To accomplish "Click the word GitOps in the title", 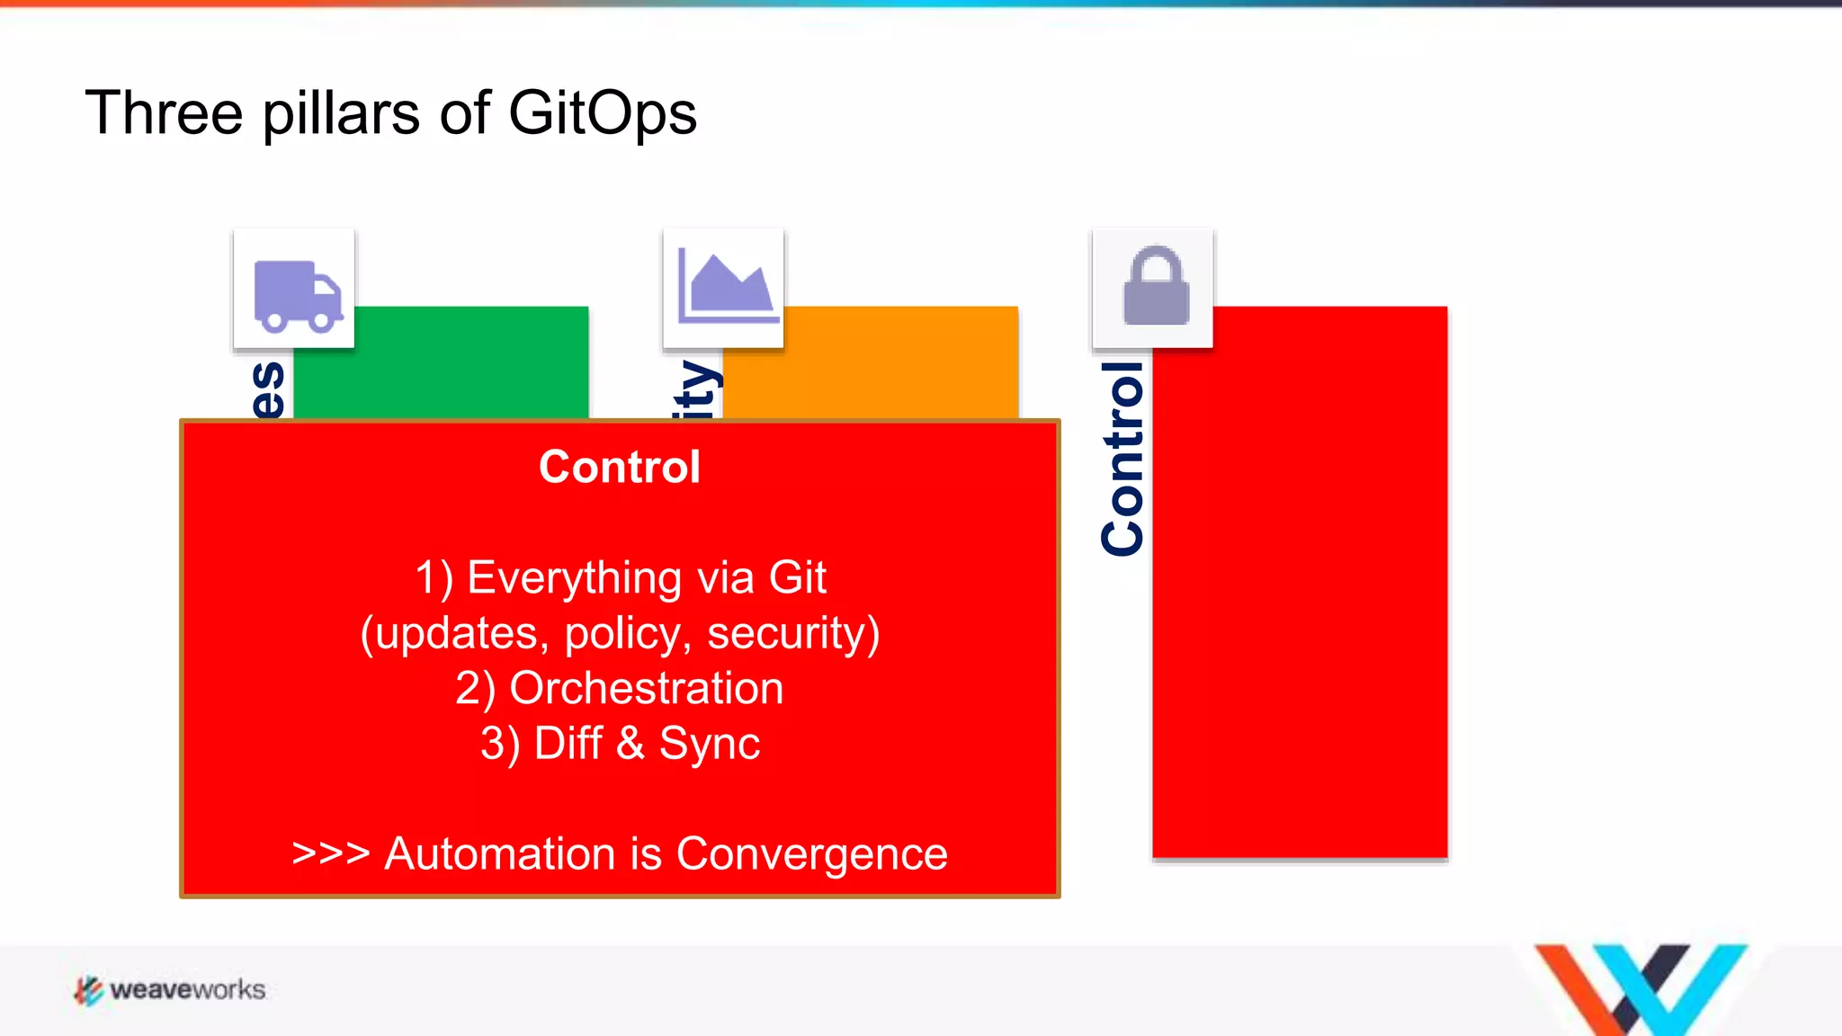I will click(602, 114).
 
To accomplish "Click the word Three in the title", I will click(164, 114).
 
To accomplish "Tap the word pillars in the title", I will click(341, 114).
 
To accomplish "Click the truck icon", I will click(297, 292).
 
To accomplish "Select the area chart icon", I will click(725, 287).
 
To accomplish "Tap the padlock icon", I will click(1156, 286).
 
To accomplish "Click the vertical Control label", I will click(1122, 459).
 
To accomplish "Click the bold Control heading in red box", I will click(619, 467).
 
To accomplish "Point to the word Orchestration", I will click(646, 689).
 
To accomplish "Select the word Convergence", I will click(811, 854).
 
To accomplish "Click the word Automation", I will click(500, 854).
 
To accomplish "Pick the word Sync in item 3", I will click(709, 745).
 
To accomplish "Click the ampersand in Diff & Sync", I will click(630, 745).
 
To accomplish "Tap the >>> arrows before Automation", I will click(331, 854).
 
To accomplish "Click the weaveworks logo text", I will click(187, 990).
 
